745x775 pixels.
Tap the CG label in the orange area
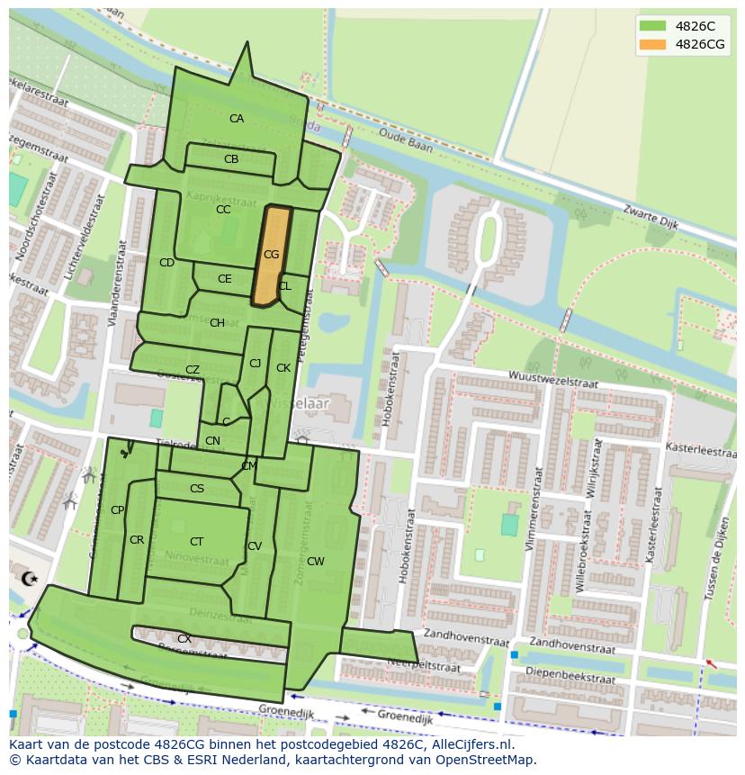[x=271, y=255]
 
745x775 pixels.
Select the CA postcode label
[x=236, y=119]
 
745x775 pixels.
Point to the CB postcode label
[x=231, y=159]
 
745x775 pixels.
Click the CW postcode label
[x=315, y=562]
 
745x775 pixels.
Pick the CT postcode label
[x=196, y=542]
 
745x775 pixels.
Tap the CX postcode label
[x=184, y=639]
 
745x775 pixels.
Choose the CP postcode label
[x=117, y=510]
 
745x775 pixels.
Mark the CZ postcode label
[x=192, y=370]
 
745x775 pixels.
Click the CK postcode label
[x=283, y=368]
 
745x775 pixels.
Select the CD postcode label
[x=166, y=263]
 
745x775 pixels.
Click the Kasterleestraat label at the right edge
[x=700, y=447]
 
